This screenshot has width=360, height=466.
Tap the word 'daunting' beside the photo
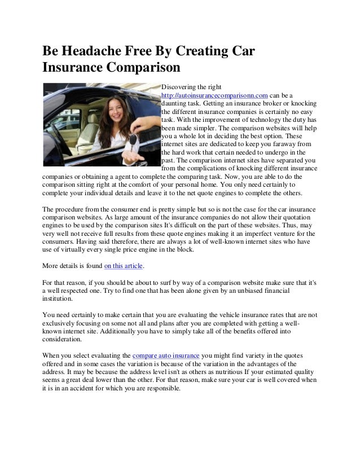pos(174,104)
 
